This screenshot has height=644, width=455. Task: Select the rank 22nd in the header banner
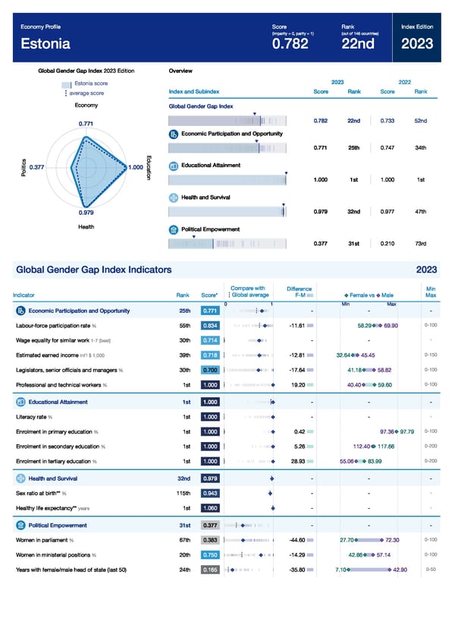(359, 43)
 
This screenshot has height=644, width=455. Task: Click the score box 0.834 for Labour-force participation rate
(210, 325)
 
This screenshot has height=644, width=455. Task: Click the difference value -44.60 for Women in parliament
(297, 540)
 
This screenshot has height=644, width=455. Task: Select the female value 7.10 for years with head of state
(341, 569)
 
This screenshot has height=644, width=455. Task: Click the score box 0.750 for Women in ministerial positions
(210, 554)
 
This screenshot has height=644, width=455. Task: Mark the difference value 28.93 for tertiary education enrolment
(297, 461)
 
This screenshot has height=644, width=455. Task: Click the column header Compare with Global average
(248, 291)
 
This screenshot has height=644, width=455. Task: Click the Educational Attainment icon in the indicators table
(20, 401)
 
